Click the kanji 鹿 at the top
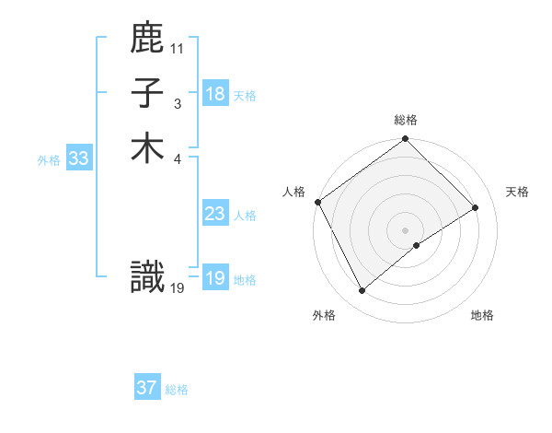pyautogui.click(x=147, y=40)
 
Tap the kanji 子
pyautogui.click(x=147, y=94)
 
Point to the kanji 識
pyautogui.click(x=147, y=277)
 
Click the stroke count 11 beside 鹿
pyautogui.click(x=178, y=48)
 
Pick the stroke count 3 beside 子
pyautogui.click(x=178, y=103)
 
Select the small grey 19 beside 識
pyautogui.click(x=178, y=287)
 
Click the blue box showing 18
pyautogui.click(x=215, y=94)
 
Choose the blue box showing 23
pyautogui.click(x=215, y=215)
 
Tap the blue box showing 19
pyautogui.click(x=215, y=278)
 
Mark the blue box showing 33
pyautogui.click(x=79, y=158)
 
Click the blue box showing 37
pyautogui.click(x=147, y=388)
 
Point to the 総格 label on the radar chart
pyautogui.click(x=406, y=120)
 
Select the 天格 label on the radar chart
pyautogui.click(x=517, y=192)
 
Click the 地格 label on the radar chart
pyautogui.click(x=482, y=315)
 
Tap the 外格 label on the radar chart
pyautogui.click(x=324, y=315)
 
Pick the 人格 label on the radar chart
pyautogui.click(x=293, y=192)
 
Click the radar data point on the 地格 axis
pyautogui.click(x=417, y=245)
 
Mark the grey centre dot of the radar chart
pyautogui.click(x=405, y=229)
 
